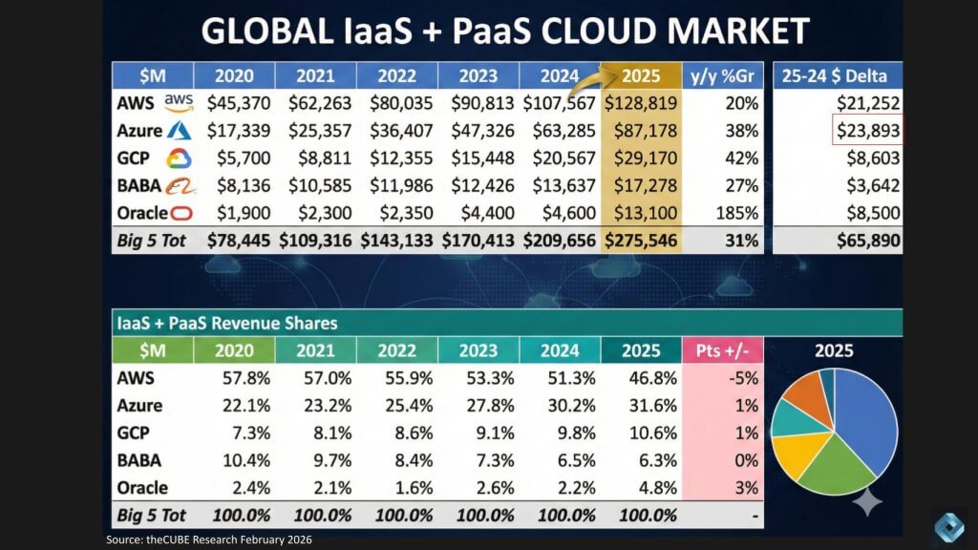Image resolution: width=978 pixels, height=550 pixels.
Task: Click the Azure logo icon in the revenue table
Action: click(x=179, y=131)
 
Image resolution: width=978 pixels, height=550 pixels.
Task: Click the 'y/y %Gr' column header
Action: click(x=723, y=75)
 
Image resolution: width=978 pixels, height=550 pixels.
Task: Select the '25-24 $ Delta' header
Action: click(x=838, y=75)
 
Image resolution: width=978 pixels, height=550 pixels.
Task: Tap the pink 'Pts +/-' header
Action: click(x=723, y=350)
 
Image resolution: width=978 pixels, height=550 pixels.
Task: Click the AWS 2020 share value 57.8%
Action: click(x=233, y=378)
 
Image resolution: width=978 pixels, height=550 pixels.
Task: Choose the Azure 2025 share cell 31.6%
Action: click(x=641, y=406)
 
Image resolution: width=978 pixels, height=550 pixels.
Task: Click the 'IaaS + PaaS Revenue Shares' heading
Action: click(x=226, y=323)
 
